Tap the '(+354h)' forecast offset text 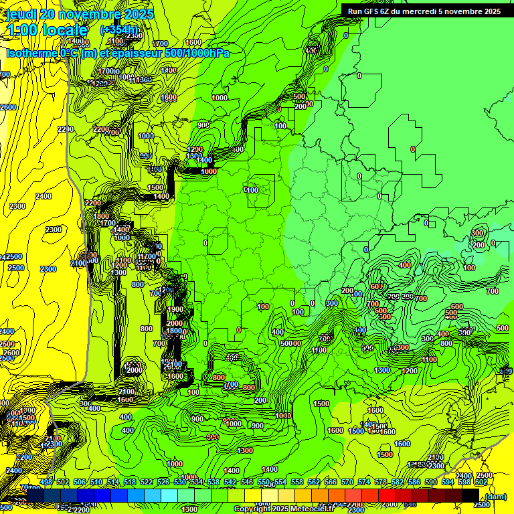[119, 29]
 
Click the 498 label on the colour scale [46, 482]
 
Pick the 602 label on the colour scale [481, 482]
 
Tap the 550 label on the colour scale [264, 482]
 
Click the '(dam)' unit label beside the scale [495, 496]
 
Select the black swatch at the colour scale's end [470, 495]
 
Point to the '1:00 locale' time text [48, 30]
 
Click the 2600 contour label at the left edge [8, 107]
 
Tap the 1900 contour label [175, 309]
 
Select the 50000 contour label [291, 343]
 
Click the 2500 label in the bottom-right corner [485, 475]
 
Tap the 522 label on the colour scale [147, 482]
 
